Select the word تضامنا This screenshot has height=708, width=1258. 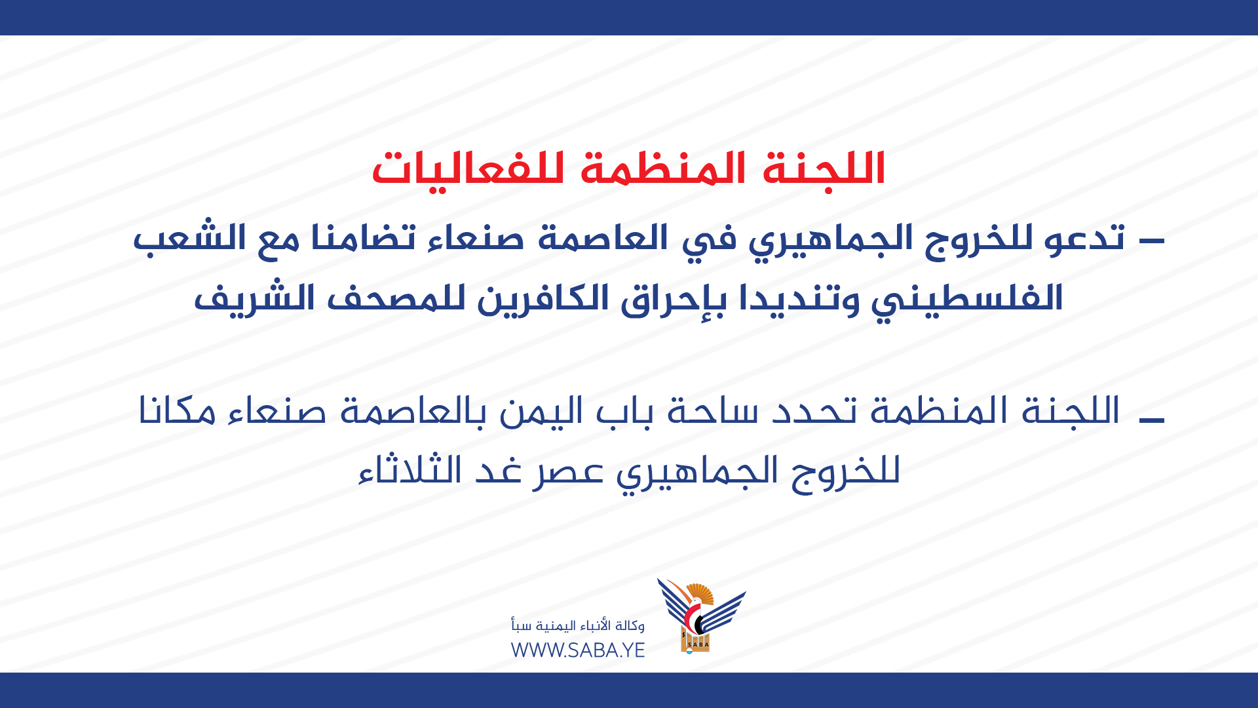(x=360, y=237)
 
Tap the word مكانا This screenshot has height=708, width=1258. (x=177, y=412)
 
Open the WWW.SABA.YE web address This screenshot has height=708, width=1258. (x=578, y=650)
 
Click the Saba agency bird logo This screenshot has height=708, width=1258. (x=701, y=616)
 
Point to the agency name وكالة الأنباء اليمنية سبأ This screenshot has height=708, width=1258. (x=578, y=625)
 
